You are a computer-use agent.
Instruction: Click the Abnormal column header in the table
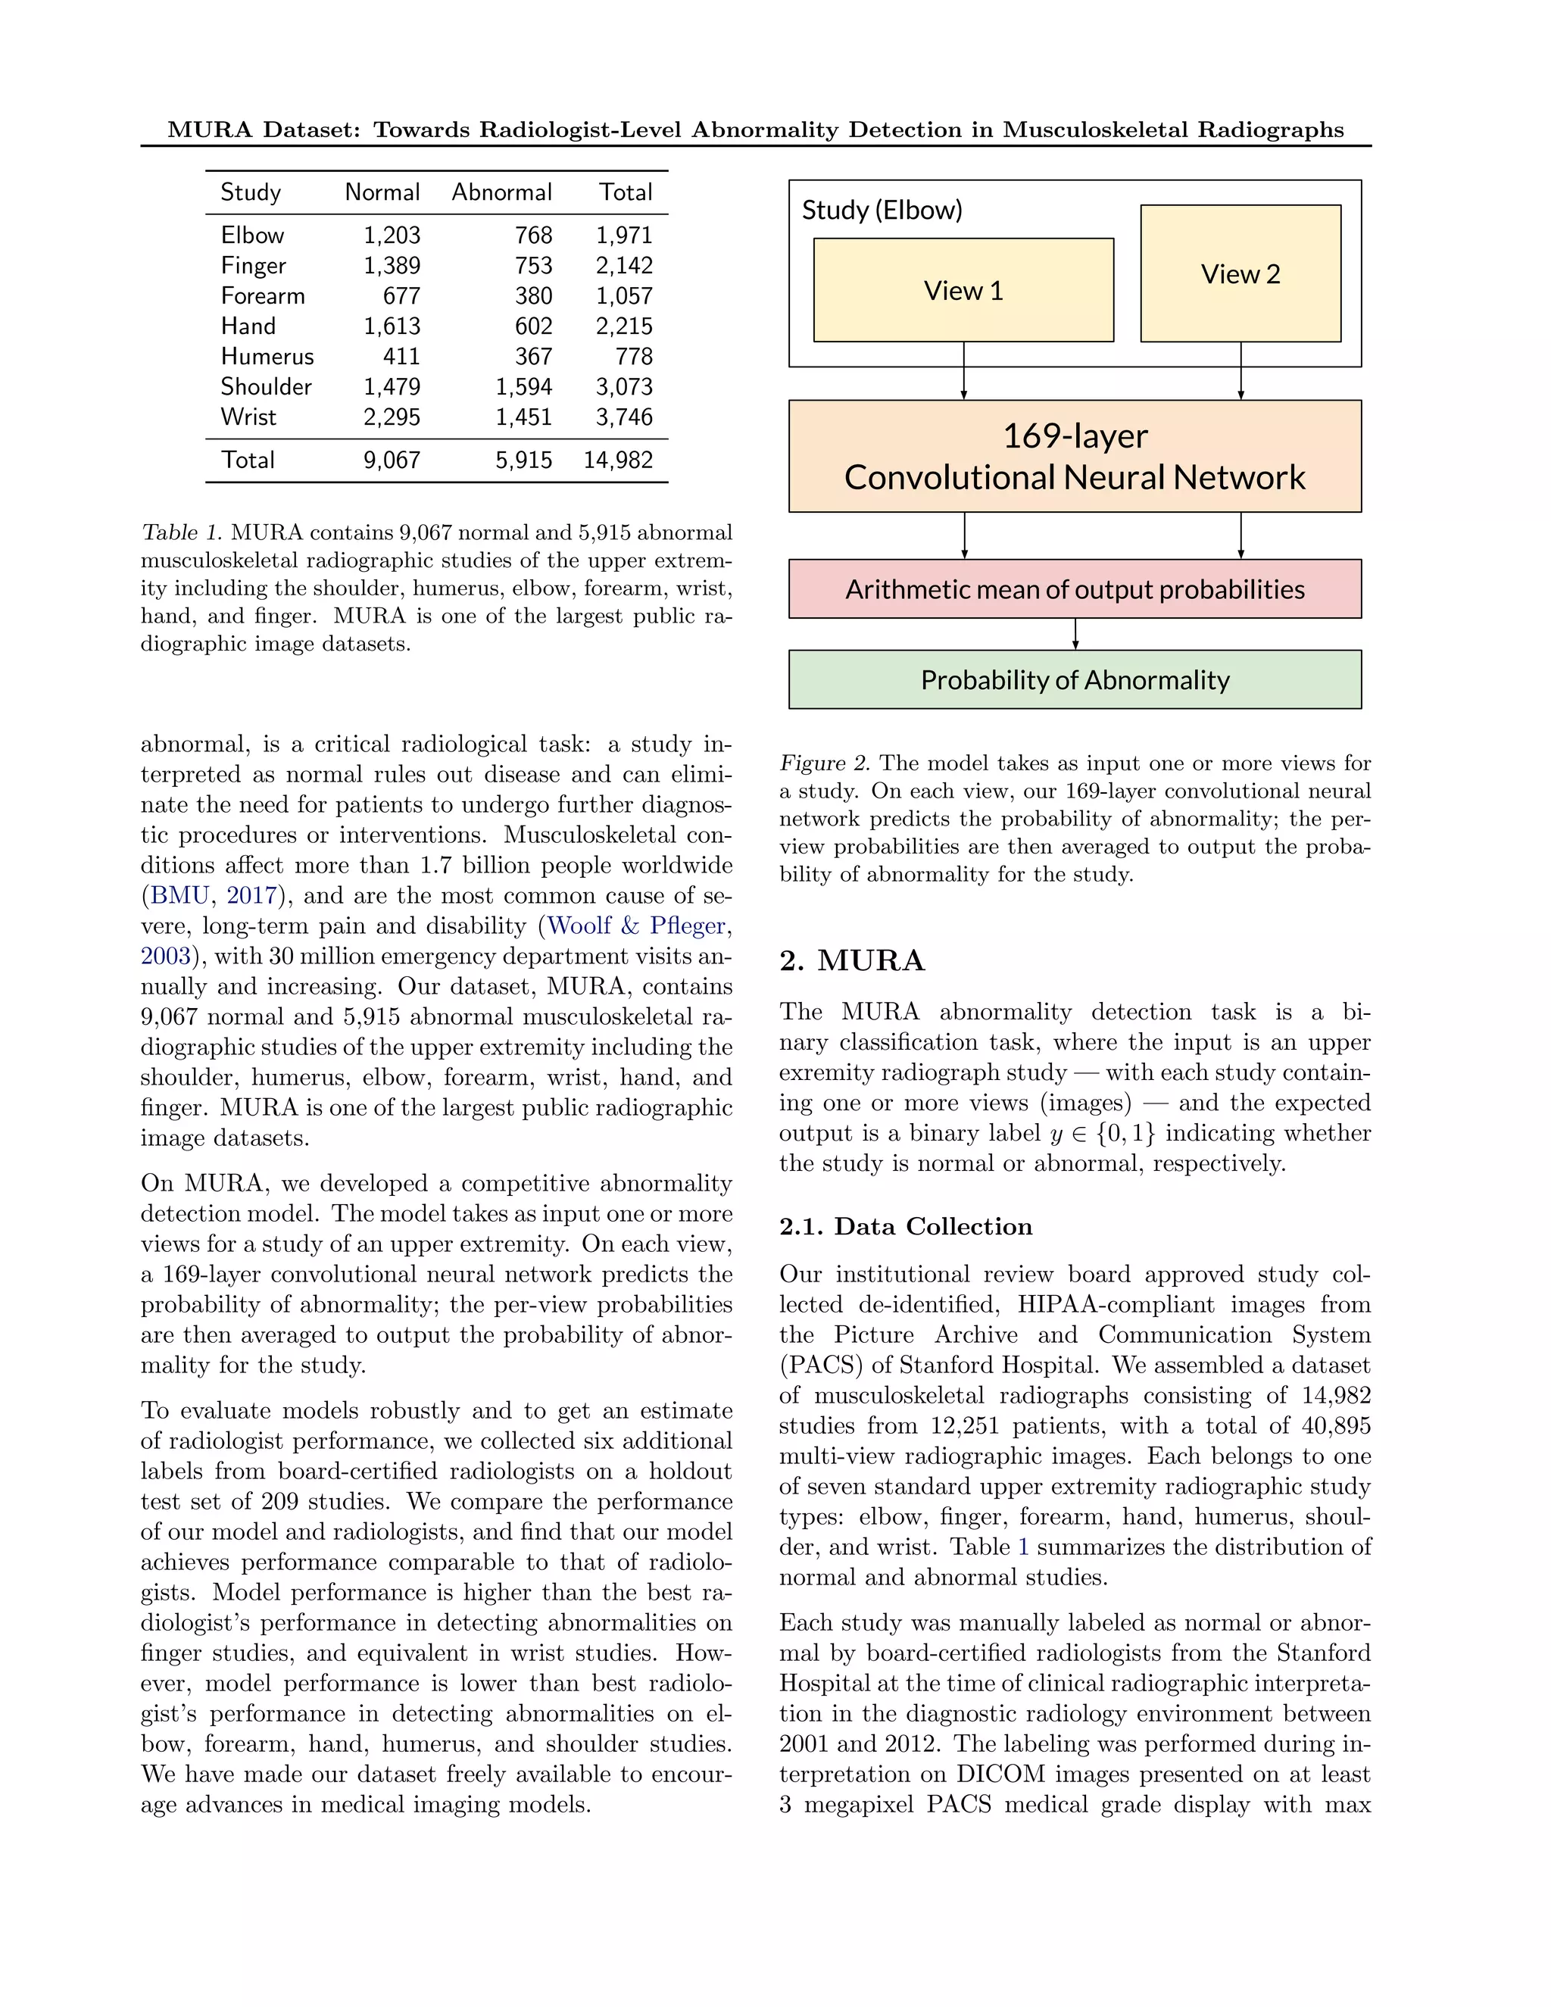501,192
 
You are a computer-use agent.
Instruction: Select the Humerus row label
267,357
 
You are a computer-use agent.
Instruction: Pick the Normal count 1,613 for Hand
392,326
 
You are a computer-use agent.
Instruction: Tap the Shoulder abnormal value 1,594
524,387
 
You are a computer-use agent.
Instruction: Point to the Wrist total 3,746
624,417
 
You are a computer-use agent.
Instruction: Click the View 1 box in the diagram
963,290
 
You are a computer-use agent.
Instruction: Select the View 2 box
1240,274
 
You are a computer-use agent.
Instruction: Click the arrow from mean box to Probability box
1075,634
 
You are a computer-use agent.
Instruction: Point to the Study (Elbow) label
882,211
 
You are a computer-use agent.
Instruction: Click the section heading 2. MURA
852,961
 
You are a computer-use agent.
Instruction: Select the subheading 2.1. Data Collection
905,1227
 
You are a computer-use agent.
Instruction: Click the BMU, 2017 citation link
213,896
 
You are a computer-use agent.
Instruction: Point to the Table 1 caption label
182,533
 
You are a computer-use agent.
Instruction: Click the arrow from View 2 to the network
1240,370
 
